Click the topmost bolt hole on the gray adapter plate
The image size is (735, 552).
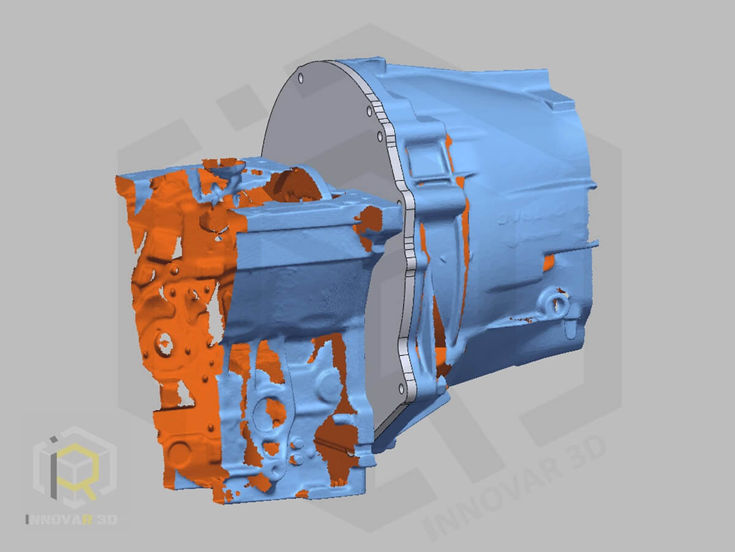(301, 79)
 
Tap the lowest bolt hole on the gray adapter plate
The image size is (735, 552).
(401, 389)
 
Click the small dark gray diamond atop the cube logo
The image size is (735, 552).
(53, 439)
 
